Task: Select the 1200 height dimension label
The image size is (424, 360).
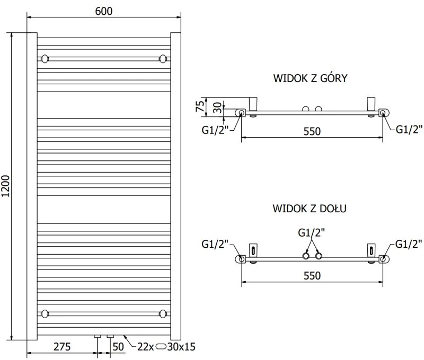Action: tap(6, 186)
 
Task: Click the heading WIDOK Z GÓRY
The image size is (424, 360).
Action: tap(310, 79)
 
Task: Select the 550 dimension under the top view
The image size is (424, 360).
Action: tap(312, 131)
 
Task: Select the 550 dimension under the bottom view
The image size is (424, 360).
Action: tap(312, 276)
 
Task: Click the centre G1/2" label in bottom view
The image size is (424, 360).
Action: tap(312, 232)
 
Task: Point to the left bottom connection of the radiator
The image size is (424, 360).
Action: tap(98, 336)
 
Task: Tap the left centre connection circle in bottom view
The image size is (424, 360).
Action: tap(306, 256)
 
